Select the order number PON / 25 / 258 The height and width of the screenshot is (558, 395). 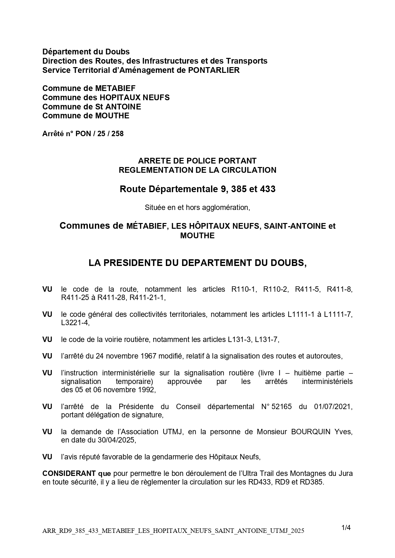99,134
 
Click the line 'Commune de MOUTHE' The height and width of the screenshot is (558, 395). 86,116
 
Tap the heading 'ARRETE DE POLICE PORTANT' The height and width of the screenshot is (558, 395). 197,161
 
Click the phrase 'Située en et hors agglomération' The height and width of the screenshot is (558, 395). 197,208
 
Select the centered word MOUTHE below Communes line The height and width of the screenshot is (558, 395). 197,236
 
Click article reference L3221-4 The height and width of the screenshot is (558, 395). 75,323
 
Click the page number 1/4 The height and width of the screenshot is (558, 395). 346,528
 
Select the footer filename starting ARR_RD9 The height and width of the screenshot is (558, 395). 173,531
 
